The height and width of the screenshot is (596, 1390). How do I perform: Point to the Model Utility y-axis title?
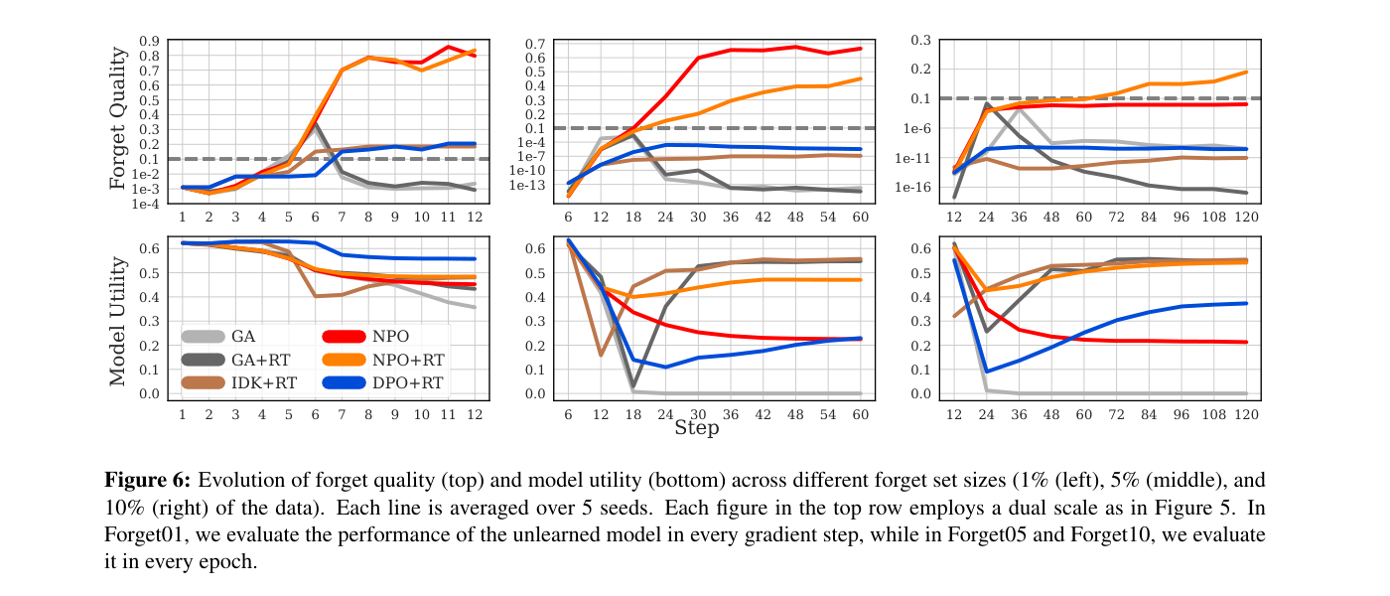click(x=118, y=319)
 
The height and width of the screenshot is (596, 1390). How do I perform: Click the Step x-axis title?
click(x=696, y=428)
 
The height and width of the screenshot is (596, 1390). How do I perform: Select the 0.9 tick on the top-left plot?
click(x=151, y=41)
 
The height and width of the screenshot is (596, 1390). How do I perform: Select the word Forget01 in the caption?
click(x=146, y=534)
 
